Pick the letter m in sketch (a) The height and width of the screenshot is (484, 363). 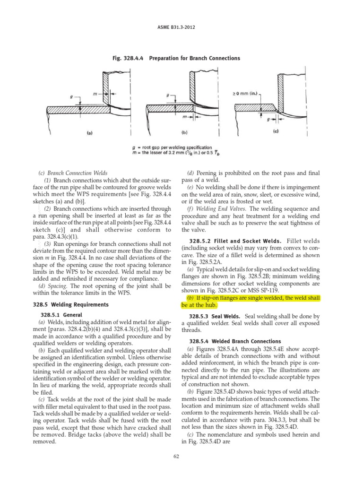click(x=95, y=94)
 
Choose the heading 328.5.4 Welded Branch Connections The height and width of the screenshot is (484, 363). click(x=235, y=341)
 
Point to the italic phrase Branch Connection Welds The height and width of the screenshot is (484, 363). click(x=81, y=173)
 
